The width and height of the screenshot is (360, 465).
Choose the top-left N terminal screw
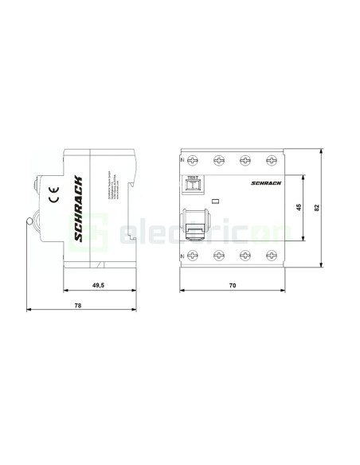coord(194,160)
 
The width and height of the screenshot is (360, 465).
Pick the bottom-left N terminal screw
coord(194,256)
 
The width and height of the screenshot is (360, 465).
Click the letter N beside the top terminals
coord(184,160)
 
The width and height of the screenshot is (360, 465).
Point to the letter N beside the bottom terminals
coord(184,256)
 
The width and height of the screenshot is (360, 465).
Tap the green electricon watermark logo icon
coord(98,232)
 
